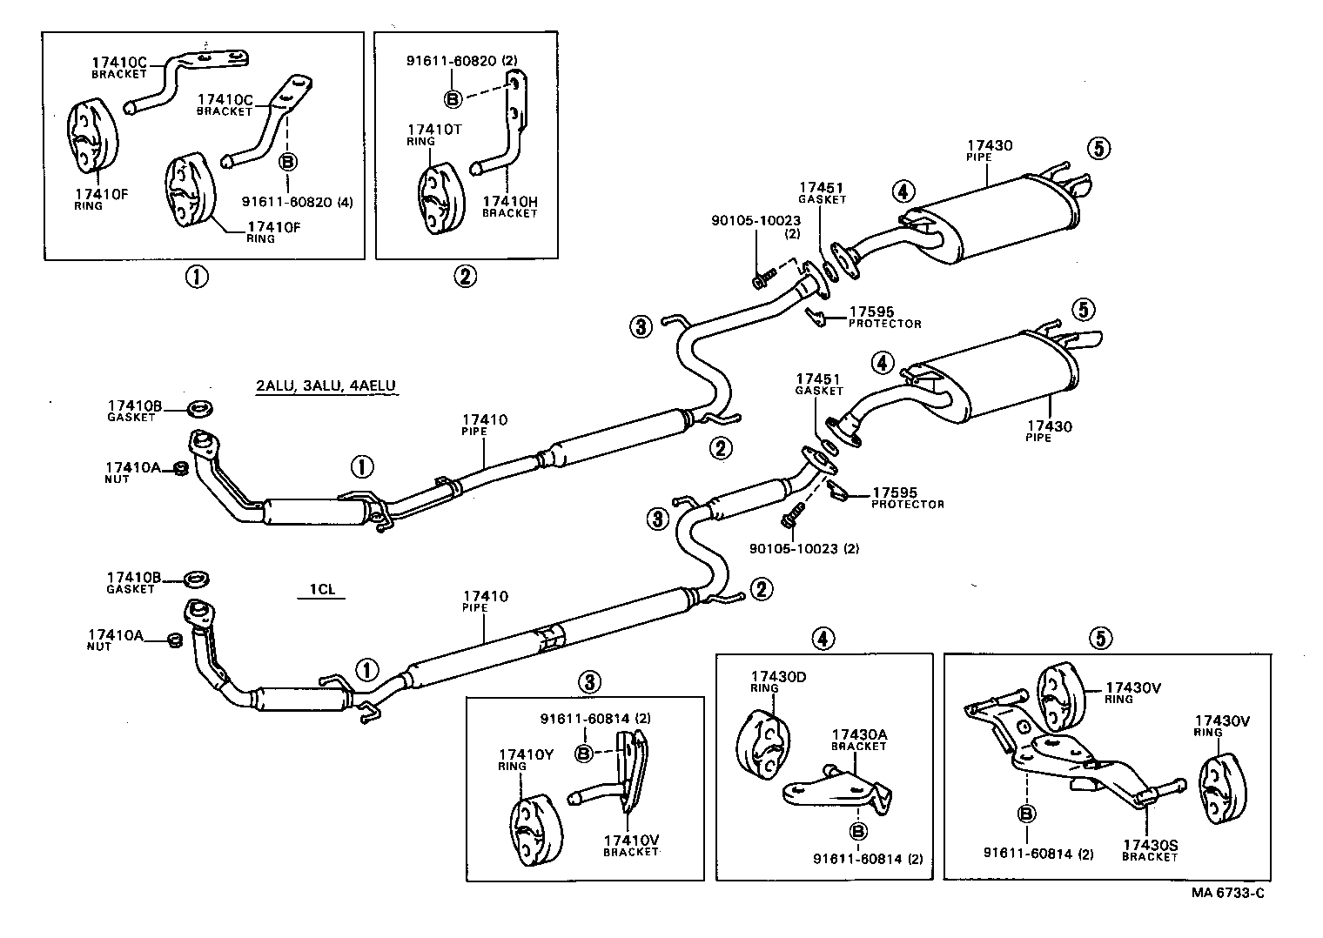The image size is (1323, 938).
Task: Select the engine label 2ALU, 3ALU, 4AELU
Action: [327, 386]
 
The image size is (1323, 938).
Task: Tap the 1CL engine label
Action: [321, 589]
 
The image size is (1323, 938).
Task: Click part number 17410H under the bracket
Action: [510, 202]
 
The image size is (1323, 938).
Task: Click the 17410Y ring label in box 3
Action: [526, 754]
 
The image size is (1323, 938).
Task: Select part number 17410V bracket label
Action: [631, 840]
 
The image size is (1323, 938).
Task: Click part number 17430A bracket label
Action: [859, 734]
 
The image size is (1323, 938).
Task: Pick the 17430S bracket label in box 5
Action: [1150, 845]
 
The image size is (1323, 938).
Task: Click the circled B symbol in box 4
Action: [857, 832]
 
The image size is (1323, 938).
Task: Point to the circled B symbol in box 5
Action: [1026, 814]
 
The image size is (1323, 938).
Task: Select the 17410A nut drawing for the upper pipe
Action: [181, 469]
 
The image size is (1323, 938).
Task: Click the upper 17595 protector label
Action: [871, 312]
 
